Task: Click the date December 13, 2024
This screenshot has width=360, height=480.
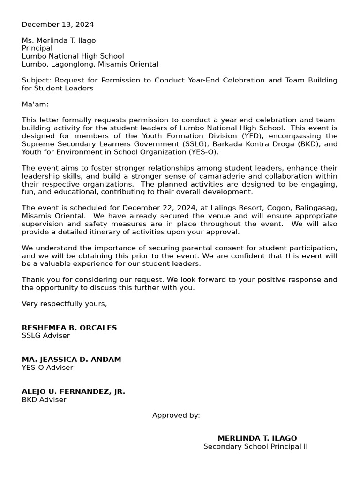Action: pos(58,24)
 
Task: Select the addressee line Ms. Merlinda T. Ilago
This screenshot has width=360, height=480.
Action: pos(59,40)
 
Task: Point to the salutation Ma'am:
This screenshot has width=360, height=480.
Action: pos(35,104)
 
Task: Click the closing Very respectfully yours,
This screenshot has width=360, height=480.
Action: pos(64,303)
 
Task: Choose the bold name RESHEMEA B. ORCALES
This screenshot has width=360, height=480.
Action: pos(69,328)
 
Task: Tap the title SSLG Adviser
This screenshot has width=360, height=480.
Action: pos(46,335)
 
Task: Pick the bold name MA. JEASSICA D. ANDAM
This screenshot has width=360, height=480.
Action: pos(71,360)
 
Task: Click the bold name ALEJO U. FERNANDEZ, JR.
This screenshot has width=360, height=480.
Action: pos(74,391)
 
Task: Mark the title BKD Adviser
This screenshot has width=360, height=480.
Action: pos(44,399)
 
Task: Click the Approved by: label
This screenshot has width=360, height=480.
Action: pos(176,415)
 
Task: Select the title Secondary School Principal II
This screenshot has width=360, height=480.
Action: pos(255,446)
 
